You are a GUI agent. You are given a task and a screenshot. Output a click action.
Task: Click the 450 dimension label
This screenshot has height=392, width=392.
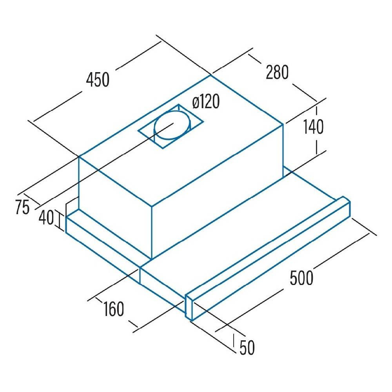98,80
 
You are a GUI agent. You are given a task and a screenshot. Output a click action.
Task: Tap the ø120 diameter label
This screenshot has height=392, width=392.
205,103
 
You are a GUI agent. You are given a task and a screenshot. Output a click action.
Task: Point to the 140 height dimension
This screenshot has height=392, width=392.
313,127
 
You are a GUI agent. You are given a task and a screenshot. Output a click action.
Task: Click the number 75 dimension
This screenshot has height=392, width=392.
23,207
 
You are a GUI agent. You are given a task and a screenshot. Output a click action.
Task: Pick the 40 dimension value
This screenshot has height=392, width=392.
46,218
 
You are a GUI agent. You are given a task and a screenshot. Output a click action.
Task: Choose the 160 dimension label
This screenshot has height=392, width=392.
114,309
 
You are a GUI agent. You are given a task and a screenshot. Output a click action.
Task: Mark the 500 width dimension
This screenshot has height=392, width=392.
301,278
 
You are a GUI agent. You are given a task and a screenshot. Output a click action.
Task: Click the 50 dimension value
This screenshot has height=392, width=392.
247,348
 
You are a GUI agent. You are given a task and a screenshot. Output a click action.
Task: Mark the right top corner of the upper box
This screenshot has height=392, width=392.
283,125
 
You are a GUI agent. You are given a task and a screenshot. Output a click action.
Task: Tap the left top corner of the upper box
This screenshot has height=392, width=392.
79,156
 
